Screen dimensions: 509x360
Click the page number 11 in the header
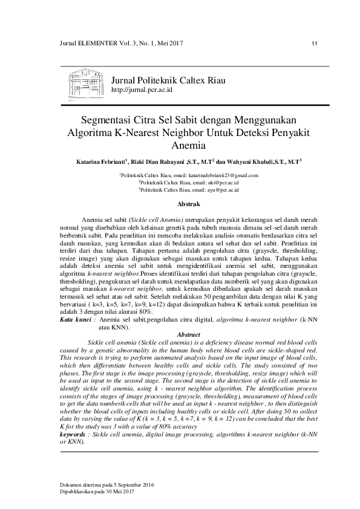(x=314, y=44)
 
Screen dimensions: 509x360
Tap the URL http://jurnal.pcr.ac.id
(x=143, y=89)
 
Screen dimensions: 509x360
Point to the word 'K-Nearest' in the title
(x=142, y=132)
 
